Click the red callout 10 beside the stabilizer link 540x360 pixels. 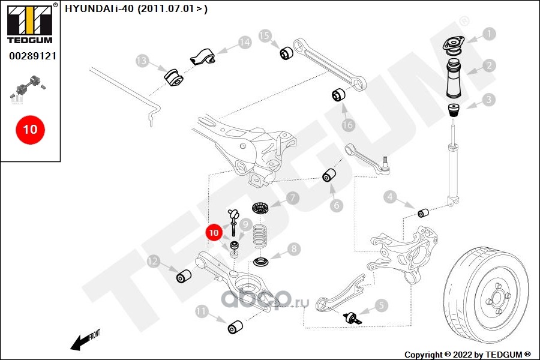point(214,232)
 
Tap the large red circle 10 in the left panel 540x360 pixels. point(30,129)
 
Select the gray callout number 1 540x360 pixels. point(490,34)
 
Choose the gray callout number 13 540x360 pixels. point(142,61)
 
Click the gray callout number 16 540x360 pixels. point(348,125)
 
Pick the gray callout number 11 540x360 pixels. point(202,311)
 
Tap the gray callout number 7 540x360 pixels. point(292,197)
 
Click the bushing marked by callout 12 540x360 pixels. point(184,277)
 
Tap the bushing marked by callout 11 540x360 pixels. point(235,327)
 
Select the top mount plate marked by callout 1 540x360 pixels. point(454,46)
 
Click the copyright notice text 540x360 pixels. point(468,354)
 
